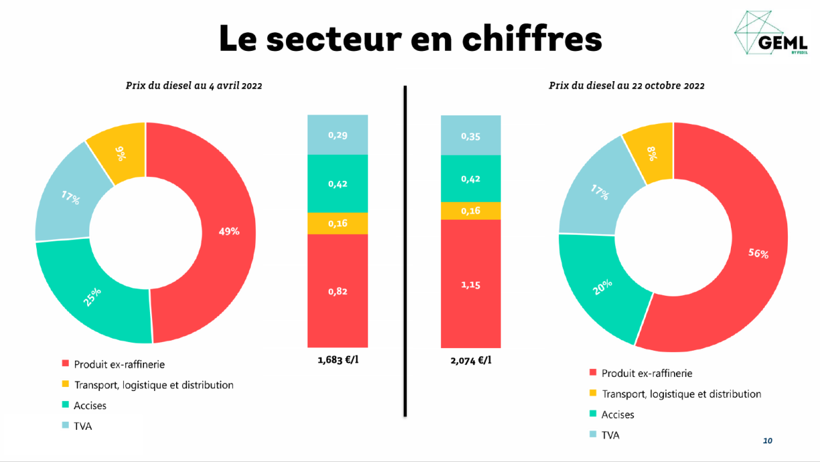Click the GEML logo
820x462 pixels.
pos(771,33)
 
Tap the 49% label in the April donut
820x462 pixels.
pos(229,231)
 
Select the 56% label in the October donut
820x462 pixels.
pos(758,253)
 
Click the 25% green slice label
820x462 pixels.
pos(92,297)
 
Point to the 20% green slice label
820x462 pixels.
pos(602,287)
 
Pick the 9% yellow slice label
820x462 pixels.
pos(121,154)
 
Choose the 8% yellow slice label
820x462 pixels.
pos(652,154)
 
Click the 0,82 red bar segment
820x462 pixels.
pos(338,291)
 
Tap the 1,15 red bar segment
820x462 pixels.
pos(471,284)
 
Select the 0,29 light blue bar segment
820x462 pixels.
pos(338,135)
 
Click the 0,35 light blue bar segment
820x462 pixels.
pos(471,135)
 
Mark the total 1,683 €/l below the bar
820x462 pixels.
pos(338,360)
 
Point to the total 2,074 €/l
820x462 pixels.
pos(471,361)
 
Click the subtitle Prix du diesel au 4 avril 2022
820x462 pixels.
pos(194,86)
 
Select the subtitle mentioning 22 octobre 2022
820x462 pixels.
pos(626,86)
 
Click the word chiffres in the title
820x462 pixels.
pos(532,38)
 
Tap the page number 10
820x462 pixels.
pos(767,441)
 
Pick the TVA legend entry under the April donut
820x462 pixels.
pos(77,426)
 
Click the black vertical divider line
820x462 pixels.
pos(405,251)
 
